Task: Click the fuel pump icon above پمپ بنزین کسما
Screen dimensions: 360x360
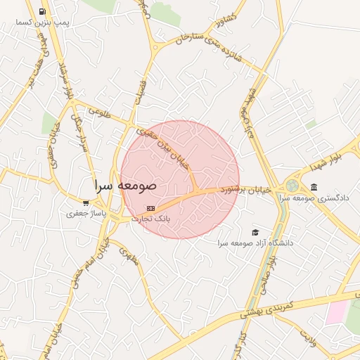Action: point(43,11)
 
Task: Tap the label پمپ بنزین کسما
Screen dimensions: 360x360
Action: point(44,23)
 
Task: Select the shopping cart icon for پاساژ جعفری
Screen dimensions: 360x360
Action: point(86,203)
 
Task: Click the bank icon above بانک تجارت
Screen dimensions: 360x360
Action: point(150,209)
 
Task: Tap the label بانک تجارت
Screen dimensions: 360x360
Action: point(152,219)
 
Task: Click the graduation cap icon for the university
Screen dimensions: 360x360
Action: point(255,232)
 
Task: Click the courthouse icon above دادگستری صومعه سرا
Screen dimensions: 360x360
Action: point(313,187)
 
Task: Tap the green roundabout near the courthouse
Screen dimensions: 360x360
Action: point(292,186)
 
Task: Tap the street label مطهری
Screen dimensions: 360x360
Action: point(129,258)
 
